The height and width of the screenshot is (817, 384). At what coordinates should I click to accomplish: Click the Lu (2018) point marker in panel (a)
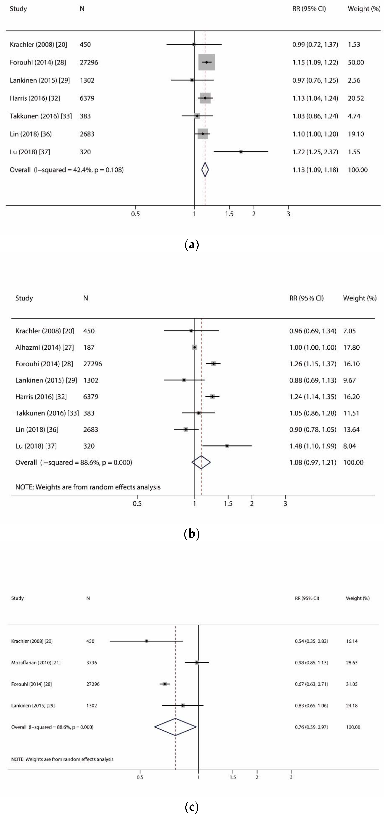pos(241,152)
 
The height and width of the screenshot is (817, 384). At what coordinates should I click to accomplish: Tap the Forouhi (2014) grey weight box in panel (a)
pos(207,62)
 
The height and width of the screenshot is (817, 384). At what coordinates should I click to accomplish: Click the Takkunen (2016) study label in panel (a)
pos(41,116)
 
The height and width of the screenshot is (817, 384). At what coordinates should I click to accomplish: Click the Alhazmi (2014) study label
pos(44,347)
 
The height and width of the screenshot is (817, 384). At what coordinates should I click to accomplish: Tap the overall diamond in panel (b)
pos(201,462)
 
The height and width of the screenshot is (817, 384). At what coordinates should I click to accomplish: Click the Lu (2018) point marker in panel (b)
pos(227,446)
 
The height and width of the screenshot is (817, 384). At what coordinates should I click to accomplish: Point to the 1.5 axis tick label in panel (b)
pos(228,504)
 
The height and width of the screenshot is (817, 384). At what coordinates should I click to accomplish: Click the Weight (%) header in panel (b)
pos(360,298)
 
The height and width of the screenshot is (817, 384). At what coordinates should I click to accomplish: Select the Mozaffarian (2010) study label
pos(36,663)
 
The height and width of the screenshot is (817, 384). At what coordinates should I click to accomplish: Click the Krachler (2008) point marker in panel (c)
pos(146,641)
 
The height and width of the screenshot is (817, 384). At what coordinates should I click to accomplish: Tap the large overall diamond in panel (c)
pos(175,727)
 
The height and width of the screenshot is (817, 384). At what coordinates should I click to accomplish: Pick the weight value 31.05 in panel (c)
pos(352,684)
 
